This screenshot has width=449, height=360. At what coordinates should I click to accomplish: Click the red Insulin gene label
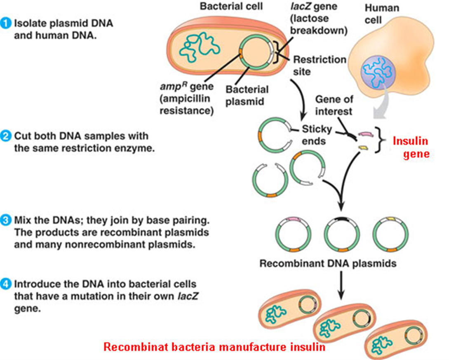[x=411, y=148]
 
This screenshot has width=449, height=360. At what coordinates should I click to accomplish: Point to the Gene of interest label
[x=334, y=105]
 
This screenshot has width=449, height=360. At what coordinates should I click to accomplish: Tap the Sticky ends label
[x=317, y=135]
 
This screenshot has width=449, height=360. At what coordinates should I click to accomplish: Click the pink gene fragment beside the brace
[x=365, y=134]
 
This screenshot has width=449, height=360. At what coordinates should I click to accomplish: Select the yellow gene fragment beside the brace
[x=363, y=147]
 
